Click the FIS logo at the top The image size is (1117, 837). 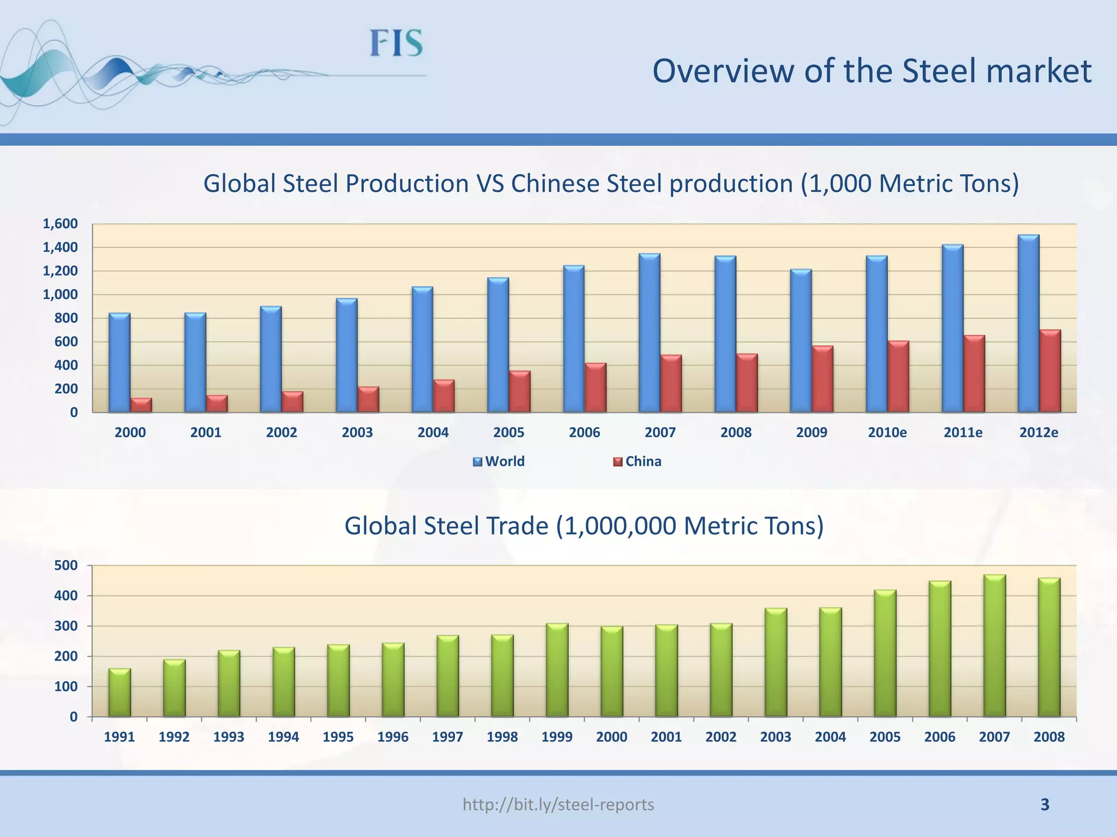pos(397,44)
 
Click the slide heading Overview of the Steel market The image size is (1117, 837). pos(872,71)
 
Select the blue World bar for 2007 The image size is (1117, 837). pos(649,332)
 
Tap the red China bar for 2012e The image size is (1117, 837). pos(1050,371)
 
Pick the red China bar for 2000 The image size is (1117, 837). pos(141,405)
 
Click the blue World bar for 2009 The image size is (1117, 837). pos(801,341)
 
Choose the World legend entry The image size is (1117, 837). pos(499,462)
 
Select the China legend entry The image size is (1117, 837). pos(638,462)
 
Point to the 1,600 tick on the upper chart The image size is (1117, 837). pos(60,224)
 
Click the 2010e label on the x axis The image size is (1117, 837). pos(887,433)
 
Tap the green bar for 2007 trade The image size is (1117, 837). pos(994,646)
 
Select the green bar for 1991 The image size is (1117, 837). pos(119,692)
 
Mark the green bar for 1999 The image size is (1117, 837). pos(557,670)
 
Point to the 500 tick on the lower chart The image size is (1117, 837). pos(66,566)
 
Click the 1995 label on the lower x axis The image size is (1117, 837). pos(338,737)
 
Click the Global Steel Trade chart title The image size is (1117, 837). pos(584,526)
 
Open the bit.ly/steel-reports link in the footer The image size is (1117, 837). pos(558,804)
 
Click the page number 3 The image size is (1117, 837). pos(1044,804)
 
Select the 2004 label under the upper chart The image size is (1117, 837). pos(433,433)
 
